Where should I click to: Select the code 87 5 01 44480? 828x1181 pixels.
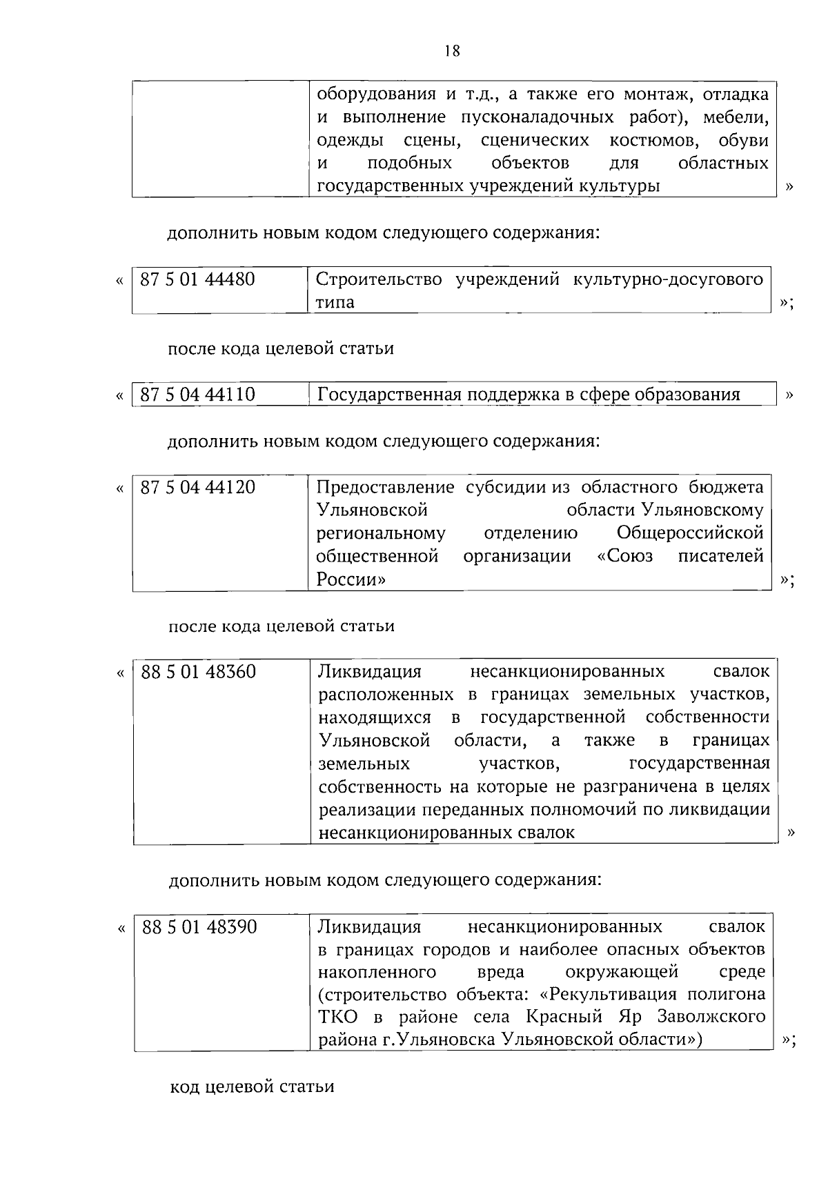tap(197, 279)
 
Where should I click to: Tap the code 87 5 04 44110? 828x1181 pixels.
tap(197, 395)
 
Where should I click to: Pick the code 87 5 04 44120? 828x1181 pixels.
tap(197, 488)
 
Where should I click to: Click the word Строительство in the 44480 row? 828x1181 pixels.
tap(378, 279)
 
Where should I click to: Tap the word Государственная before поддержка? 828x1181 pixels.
tap(388, 395)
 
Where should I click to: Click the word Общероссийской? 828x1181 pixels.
tap(690, 533)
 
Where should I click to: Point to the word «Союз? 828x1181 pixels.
tap(624, 556)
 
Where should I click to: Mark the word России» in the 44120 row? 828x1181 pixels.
tap(351, 579)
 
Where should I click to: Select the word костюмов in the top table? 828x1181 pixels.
tap(653, 141)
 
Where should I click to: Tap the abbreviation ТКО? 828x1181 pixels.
tap(339, 1017)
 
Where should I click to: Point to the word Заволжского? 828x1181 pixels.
tap(711, 1017)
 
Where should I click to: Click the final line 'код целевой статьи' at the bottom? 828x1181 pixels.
tap(252, 1087)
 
